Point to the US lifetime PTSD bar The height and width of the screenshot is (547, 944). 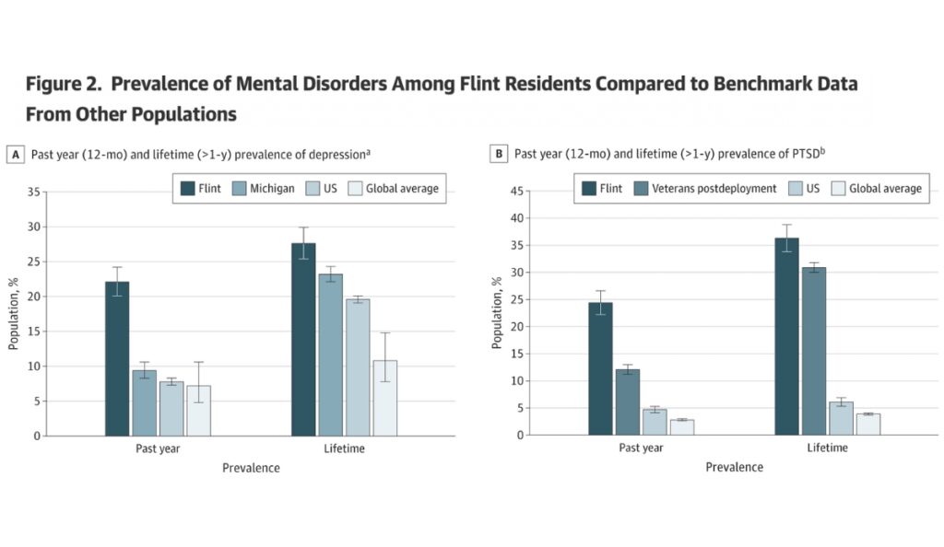(841, 418)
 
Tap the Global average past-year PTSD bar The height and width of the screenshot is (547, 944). (682, 427)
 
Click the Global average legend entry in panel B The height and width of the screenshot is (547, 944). (878, 189)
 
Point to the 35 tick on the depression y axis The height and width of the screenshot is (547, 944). (34, 192)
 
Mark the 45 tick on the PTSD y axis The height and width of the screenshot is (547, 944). (517, 192)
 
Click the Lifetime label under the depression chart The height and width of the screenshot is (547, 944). (344, 448)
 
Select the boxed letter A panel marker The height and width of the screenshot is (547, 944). (15, 155)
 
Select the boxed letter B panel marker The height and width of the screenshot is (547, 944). (498, 155)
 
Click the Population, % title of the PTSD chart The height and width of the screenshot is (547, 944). (498, 313)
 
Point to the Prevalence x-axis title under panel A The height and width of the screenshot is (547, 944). (251, 468)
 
